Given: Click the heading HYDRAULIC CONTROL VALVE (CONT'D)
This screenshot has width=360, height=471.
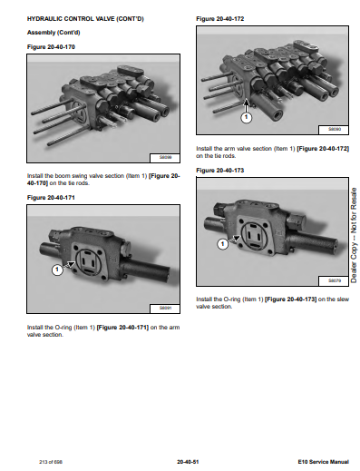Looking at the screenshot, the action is click(x=85, y=19).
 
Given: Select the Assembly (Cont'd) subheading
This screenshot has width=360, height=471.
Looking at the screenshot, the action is click(x=54, y=33).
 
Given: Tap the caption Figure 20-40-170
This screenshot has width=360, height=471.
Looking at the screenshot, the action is click(x=51, y=47).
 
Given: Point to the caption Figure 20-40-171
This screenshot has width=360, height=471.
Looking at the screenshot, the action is click(x=51, y=198).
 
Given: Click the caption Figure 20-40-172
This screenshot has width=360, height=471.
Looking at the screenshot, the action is click(x=220, y=19).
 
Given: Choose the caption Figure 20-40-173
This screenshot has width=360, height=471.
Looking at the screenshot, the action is click(x=220, y=171).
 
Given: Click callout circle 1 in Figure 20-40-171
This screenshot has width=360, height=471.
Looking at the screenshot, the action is click(x=57, y=270).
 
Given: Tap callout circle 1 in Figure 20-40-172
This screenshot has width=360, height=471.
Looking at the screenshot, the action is click(x=247, y=117).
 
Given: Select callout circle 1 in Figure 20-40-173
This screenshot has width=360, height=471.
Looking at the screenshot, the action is click(x=223, y=244).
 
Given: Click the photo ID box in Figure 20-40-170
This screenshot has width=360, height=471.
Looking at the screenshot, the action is click(x=165, y=158).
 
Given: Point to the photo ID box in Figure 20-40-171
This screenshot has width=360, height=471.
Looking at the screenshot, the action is click(x=165, y=309).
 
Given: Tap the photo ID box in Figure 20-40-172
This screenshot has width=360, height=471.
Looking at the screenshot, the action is click(x=334, y=130).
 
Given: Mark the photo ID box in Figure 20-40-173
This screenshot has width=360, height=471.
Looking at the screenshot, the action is click(x=334, y=281).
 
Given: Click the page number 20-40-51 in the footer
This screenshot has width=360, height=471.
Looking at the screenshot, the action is click(x=188, y=462).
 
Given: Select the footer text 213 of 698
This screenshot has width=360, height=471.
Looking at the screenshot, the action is click(x=51, y=462).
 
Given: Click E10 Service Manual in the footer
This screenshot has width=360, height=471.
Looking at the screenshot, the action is click(x=324, y=462).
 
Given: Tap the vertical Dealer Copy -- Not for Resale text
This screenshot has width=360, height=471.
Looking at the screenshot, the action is click(x=354, y=235).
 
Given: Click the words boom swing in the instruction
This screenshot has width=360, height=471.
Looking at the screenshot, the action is click(x=71, y=176).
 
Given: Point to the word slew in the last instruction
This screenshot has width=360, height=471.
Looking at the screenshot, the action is click(x=343, y=299).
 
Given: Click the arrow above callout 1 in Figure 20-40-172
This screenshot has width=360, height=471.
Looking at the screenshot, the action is click(x=247, y=105).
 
